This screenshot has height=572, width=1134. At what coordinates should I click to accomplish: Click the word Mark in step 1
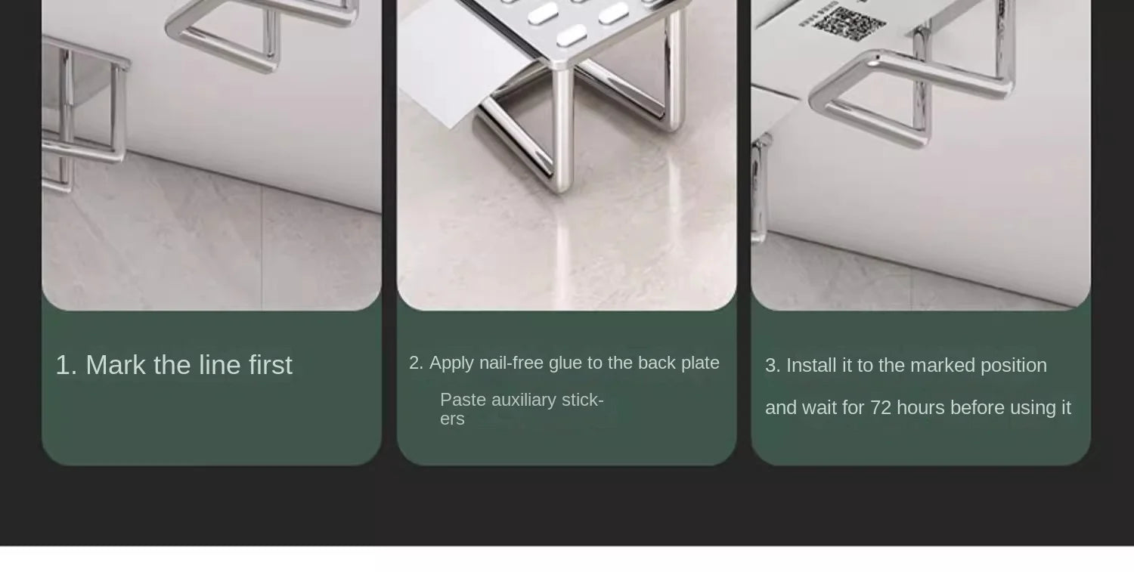point(116,365)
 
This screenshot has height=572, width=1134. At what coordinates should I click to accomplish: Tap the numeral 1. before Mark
point(66,365)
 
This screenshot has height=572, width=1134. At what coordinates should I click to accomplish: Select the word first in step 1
point(271,365)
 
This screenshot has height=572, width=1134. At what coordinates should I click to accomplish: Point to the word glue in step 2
point(565,363)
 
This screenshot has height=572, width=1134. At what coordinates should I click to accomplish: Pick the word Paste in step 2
point(463,400)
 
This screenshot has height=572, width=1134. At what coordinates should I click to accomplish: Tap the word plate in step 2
point(700,363)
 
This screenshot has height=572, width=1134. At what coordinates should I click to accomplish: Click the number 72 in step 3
point(881,408)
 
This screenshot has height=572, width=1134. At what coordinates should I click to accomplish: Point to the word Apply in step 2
point(451,363)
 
